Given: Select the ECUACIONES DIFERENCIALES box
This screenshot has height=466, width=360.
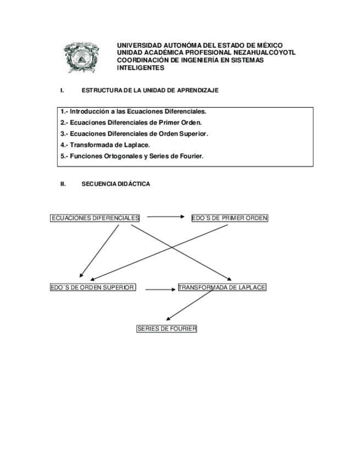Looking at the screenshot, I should [x=95, y=218].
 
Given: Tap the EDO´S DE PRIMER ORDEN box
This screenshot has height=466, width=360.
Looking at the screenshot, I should [x=230, y=218].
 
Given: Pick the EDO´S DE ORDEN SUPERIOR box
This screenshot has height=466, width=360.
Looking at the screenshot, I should [x=93, y=287].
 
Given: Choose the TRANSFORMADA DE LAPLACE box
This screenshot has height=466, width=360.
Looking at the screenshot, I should [x=222, y=287].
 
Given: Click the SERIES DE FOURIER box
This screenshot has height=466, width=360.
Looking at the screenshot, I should [x=167, y=329].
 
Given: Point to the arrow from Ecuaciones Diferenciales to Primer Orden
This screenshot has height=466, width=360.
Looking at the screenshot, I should [x=165, y=217].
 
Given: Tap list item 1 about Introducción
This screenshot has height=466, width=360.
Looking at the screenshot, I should [x=133, y=112].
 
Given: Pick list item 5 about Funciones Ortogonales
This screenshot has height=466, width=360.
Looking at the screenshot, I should [x=132, y=156].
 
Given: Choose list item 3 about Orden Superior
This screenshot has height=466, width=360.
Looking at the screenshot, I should [x=134, y=134].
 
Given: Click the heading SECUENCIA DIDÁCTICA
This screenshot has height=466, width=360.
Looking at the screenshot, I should [x=115, y=185].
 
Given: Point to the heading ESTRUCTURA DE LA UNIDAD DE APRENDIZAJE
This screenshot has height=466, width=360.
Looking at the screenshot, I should [x=149, y=90].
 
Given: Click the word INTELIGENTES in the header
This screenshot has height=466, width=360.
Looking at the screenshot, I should [x=141, y=68].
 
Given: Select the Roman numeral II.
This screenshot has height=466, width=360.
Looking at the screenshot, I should [x=63, y=185].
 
